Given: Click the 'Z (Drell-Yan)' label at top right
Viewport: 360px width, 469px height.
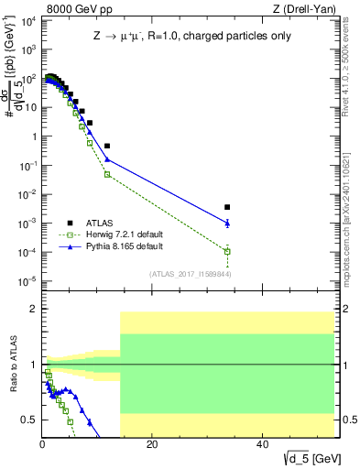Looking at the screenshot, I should (307, 9).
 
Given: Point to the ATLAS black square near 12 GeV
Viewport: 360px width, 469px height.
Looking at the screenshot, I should (107, 146).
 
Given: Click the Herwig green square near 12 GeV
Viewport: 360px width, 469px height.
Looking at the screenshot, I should (107, 174).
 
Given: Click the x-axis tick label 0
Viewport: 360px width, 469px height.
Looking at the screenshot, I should (42, 444).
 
